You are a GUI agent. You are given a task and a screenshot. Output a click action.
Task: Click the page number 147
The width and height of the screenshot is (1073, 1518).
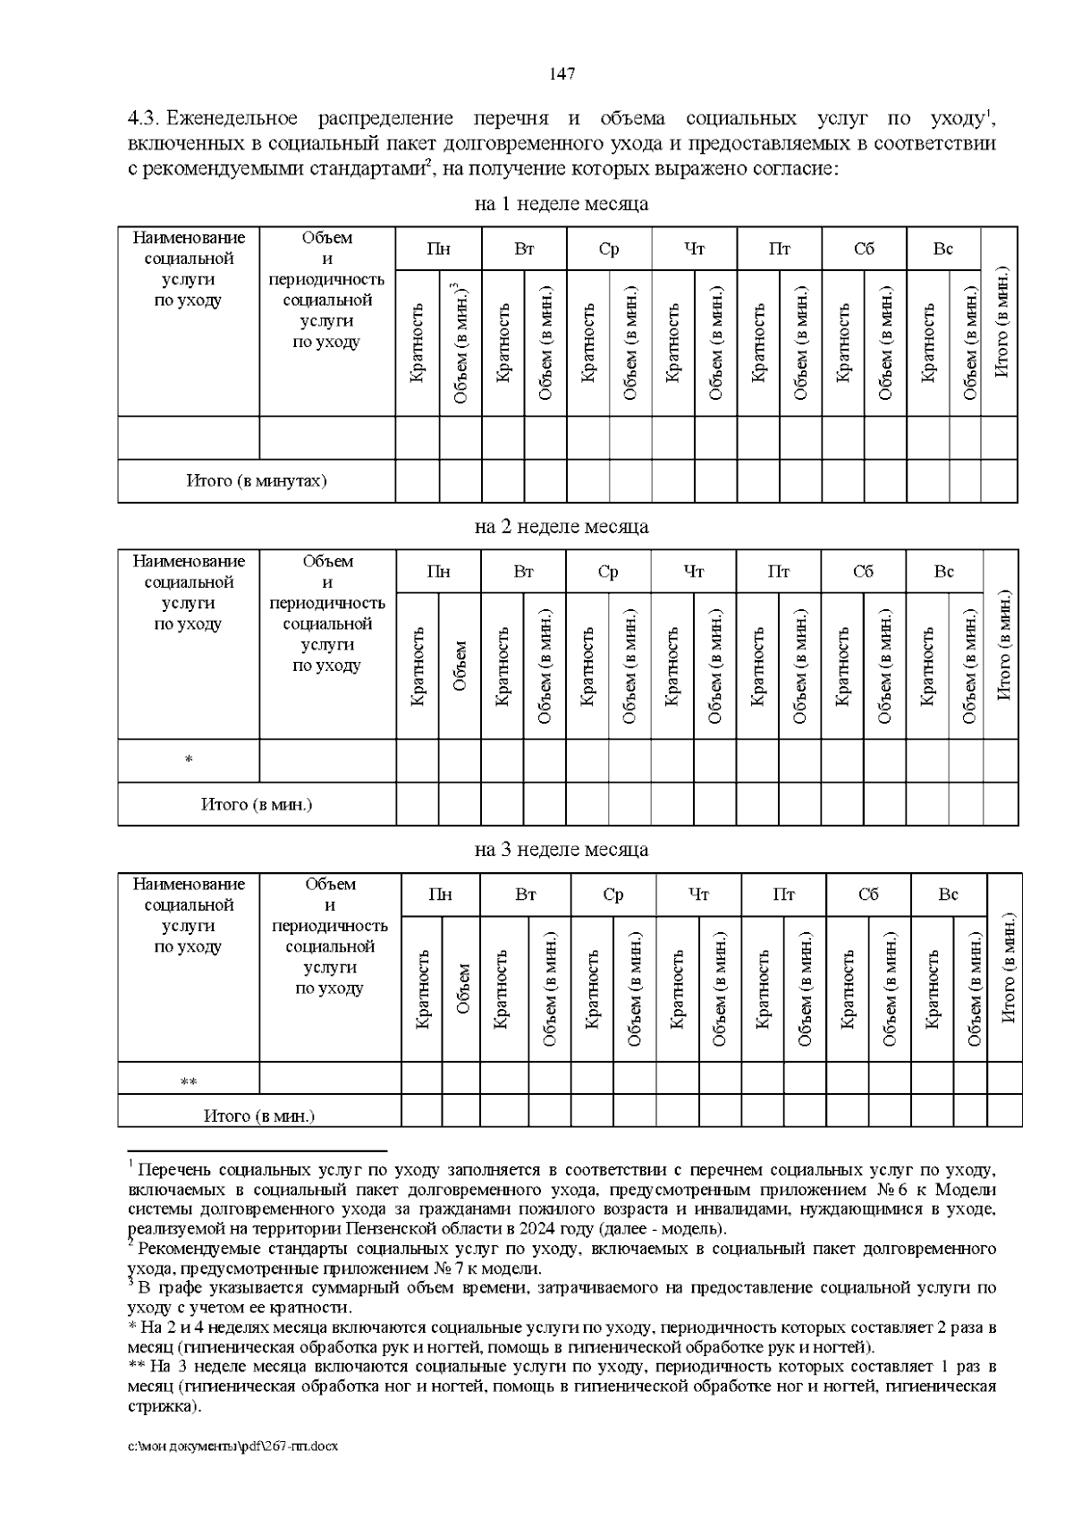562,73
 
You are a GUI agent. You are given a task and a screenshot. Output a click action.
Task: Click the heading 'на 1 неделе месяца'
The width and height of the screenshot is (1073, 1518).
561,204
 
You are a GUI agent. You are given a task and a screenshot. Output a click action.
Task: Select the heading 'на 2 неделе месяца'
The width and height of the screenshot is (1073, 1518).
561,527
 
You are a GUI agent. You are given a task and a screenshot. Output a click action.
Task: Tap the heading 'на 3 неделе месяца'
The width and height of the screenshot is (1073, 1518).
561,850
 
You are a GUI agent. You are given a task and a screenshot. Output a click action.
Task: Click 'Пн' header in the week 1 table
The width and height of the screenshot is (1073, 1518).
438,250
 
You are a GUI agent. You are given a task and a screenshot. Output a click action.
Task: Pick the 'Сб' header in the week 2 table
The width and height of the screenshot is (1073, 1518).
863,572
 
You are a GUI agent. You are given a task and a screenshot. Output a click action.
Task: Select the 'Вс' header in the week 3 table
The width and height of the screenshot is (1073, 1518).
948,895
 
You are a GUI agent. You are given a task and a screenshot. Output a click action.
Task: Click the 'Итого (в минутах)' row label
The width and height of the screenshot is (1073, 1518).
257,481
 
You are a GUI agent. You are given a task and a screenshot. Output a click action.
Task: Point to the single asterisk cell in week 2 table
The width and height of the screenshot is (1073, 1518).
189,760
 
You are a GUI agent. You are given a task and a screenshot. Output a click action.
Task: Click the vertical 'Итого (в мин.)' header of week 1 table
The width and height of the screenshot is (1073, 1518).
1000,322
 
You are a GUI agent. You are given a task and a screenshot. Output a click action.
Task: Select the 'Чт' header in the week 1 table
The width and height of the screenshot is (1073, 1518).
694,250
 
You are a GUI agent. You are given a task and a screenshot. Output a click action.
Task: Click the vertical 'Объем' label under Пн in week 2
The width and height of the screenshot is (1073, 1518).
460,666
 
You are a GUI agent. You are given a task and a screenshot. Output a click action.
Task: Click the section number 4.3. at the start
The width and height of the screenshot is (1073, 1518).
144,119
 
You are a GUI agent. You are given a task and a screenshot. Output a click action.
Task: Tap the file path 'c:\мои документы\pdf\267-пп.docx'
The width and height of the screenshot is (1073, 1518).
233,1446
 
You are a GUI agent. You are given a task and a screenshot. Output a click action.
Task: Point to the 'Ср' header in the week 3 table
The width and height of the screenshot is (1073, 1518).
613,895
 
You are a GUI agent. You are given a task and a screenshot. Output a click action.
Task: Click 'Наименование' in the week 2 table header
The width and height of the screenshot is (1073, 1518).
189,562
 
